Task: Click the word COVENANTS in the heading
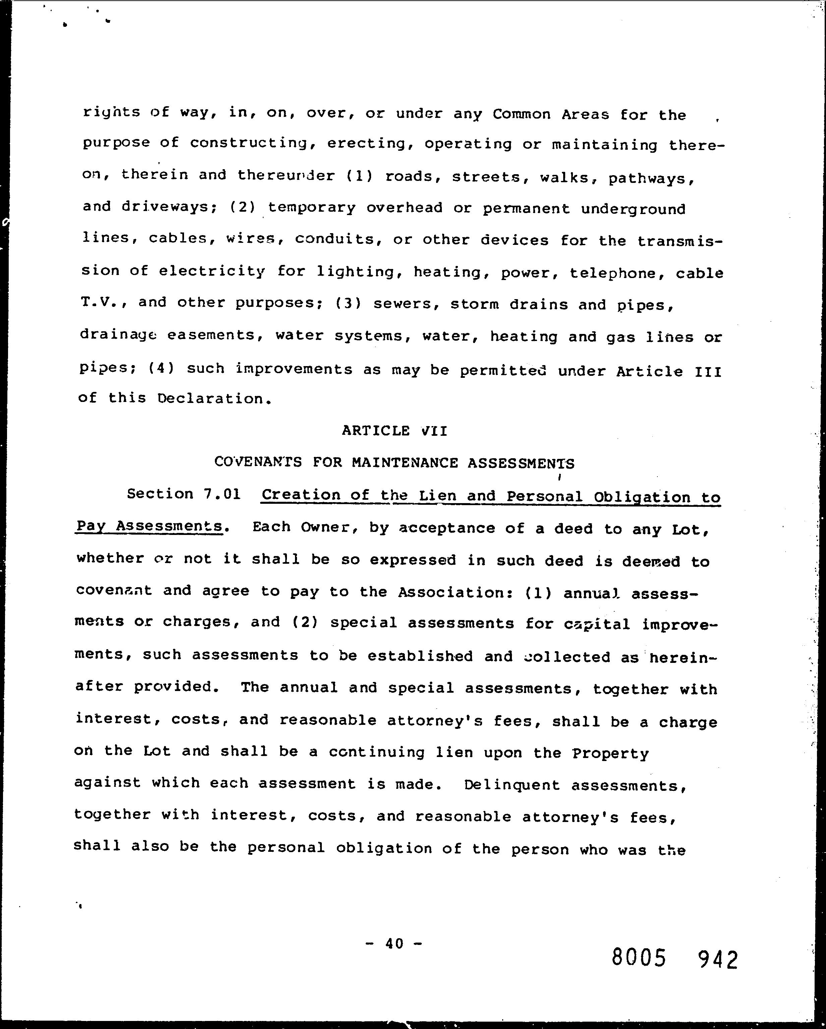[x=258, y=462]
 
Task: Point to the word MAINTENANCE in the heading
[x=405, y=463]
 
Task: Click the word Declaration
[x=210, y=399]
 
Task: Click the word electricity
[x=212, y=272]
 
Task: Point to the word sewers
[x=407, y=304]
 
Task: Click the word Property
[x=610, y=754]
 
